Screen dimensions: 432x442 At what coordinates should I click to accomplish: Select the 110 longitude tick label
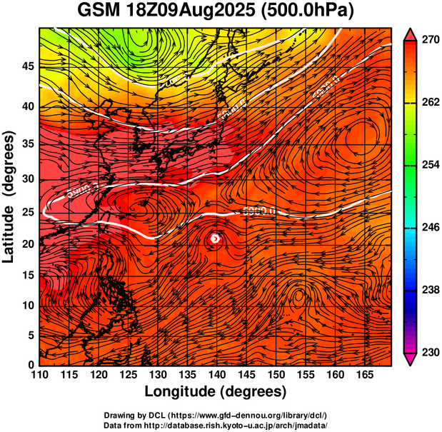click(39, 375)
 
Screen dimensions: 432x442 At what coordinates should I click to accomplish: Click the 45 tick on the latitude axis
click(26, 66)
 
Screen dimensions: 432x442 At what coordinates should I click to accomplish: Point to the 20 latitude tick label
click(26, 245)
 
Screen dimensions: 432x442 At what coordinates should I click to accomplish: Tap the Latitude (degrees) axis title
click(9, 196)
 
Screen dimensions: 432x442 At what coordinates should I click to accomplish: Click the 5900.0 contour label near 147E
click(256, 212)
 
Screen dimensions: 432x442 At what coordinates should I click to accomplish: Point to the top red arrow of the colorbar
click(411, 33)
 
